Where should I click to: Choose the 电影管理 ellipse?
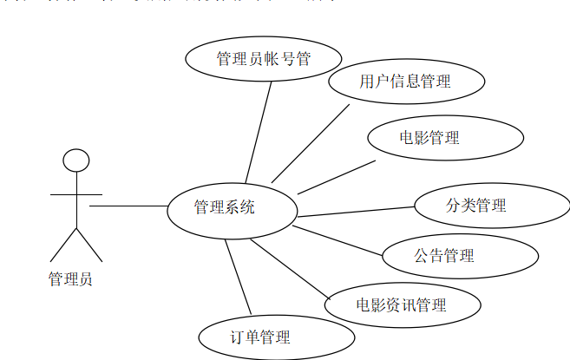pos(445,138)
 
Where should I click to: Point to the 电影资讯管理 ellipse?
pos(403,304)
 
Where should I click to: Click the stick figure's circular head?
pos(76,160)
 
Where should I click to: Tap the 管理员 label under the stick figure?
pos(71,279)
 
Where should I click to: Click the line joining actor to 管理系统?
pos(128,206)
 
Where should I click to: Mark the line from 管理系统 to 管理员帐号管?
pos(259,131)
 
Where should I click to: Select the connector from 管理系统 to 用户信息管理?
pos(310,143)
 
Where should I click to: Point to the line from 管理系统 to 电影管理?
pos(337,177)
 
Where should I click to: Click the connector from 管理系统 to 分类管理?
pos(356,212)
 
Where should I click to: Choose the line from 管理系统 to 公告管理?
pos(338,241)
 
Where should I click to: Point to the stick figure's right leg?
pos(88,244)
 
